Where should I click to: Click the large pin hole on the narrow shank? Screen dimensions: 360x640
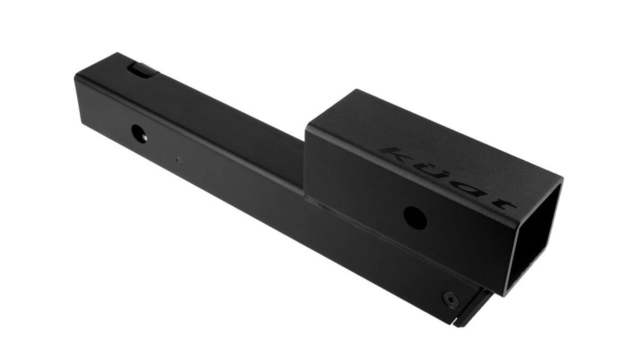139,134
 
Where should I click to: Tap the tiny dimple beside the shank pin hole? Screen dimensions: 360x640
178,160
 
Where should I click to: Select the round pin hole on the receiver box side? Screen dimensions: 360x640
415,218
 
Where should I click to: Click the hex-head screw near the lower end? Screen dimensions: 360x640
451,299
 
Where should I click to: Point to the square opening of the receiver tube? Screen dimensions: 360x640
533,240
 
